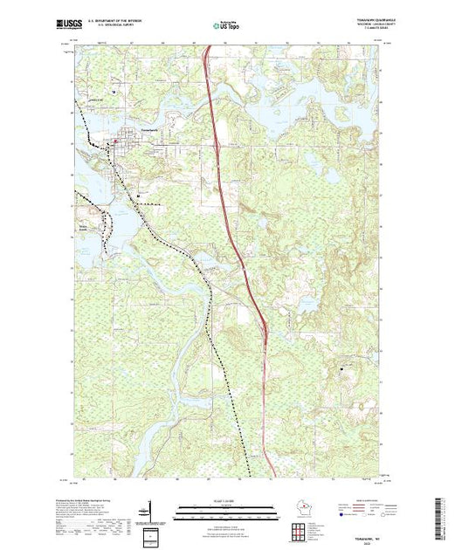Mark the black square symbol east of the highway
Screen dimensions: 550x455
(x=341, y=371)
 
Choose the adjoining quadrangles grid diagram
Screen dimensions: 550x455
(x=152, y=534)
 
